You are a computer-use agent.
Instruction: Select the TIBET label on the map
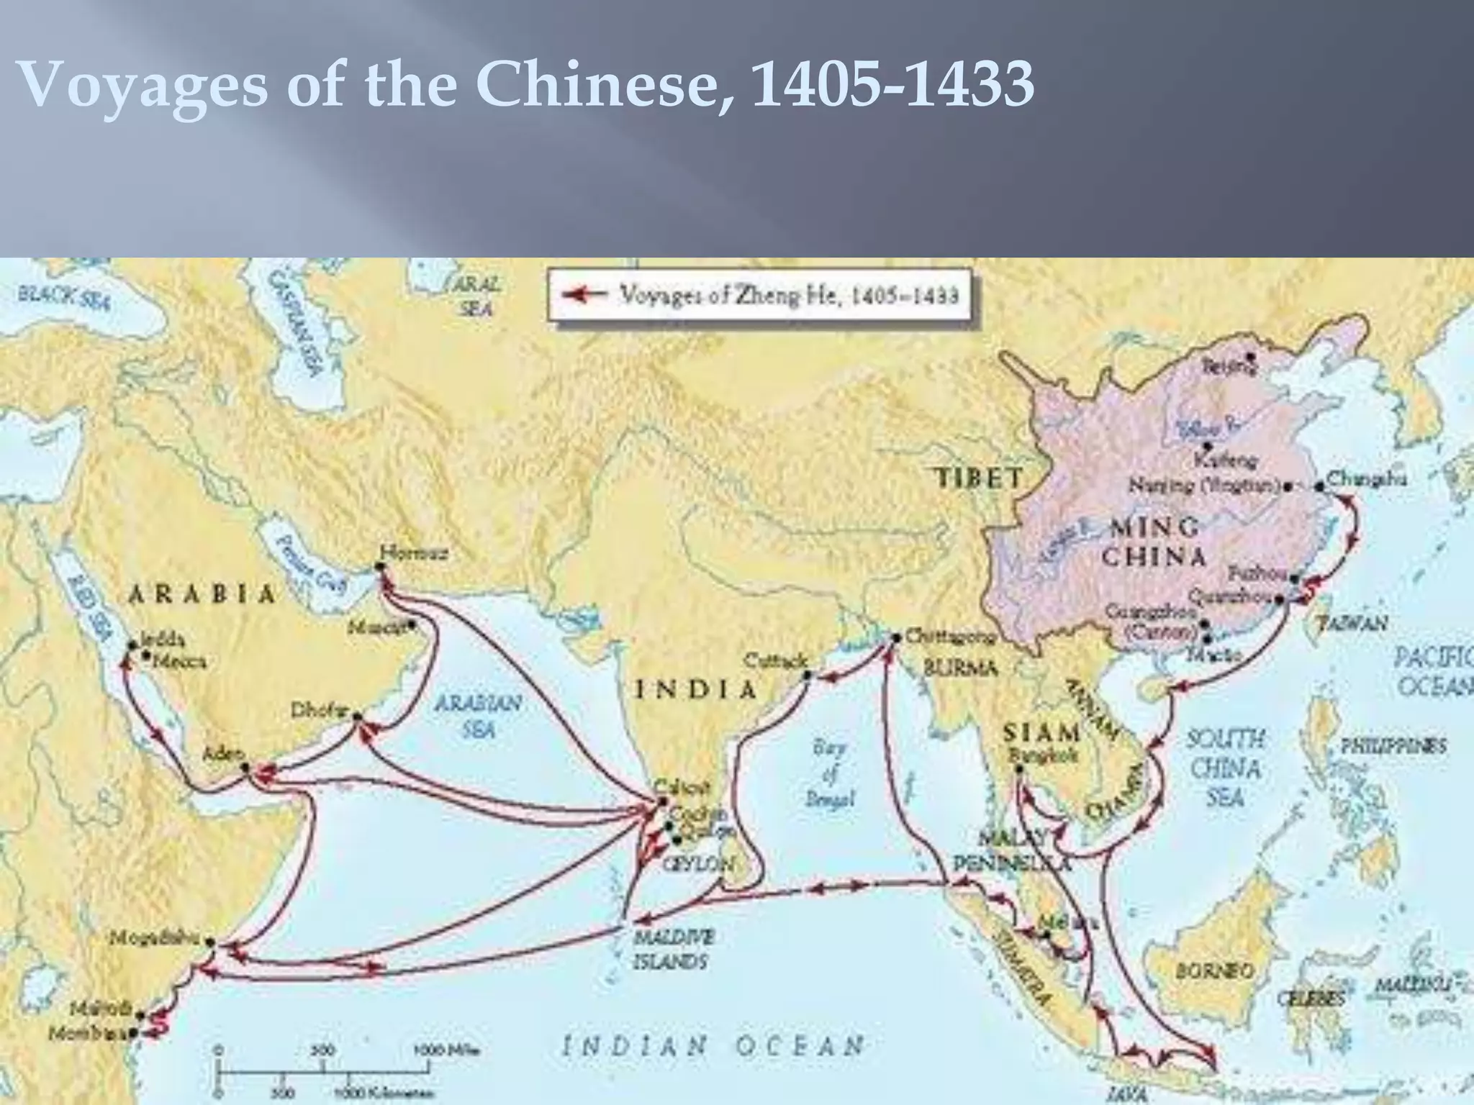(x=979, y=478)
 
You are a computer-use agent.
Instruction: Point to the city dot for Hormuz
(x=380, y=566)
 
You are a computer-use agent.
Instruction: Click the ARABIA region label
(x=202, y=594)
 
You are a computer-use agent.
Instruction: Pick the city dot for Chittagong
(x=897, y=637)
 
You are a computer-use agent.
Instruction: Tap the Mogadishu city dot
(x=209, y=941)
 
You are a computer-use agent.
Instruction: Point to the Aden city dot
(x=245, y=767)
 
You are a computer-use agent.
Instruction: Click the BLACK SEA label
(x=64, y=296)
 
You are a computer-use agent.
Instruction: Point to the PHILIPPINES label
(x=1393, y=746)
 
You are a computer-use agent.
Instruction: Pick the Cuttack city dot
(x=807, y=675)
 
